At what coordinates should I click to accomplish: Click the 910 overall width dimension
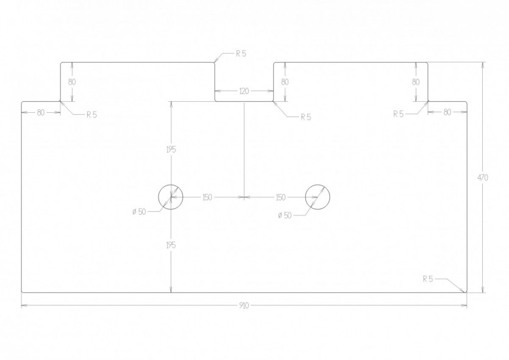pos(244,306)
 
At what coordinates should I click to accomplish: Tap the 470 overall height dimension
pos(483,178)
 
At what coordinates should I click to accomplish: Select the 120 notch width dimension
pos(244,92)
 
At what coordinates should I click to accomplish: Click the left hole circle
pos(171,185)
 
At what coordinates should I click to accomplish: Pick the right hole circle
pos(318,185)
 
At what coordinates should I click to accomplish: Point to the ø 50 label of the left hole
pos(139,212)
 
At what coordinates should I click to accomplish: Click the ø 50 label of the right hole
pos(285,215)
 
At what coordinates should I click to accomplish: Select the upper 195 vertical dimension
pos(171,149)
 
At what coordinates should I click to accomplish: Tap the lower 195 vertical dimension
pos(171,245)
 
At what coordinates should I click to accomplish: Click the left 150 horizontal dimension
pos(207,197)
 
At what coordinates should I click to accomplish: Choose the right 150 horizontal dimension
pos(281,197)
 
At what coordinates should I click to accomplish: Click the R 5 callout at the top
pos(241,54)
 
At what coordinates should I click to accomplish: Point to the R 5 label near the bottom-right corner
pos(428,279)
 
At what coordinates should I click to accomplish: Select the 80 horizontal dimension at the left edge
pos(41,113)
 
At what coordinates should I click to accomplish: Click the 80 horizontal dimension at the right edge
pos(447,112)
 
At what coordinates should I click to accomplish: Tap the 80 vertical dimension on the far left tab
pos(72,82)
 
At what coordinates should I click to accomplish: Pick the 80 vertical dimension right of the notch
pos(285,82)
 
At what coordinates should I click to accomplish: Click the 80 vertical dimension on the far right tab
pos(416,82)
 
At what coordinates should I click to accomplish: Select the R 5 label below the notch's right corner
pos(306,117)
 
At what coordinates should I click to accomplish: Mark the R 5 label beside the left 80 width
pos(91,115)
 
